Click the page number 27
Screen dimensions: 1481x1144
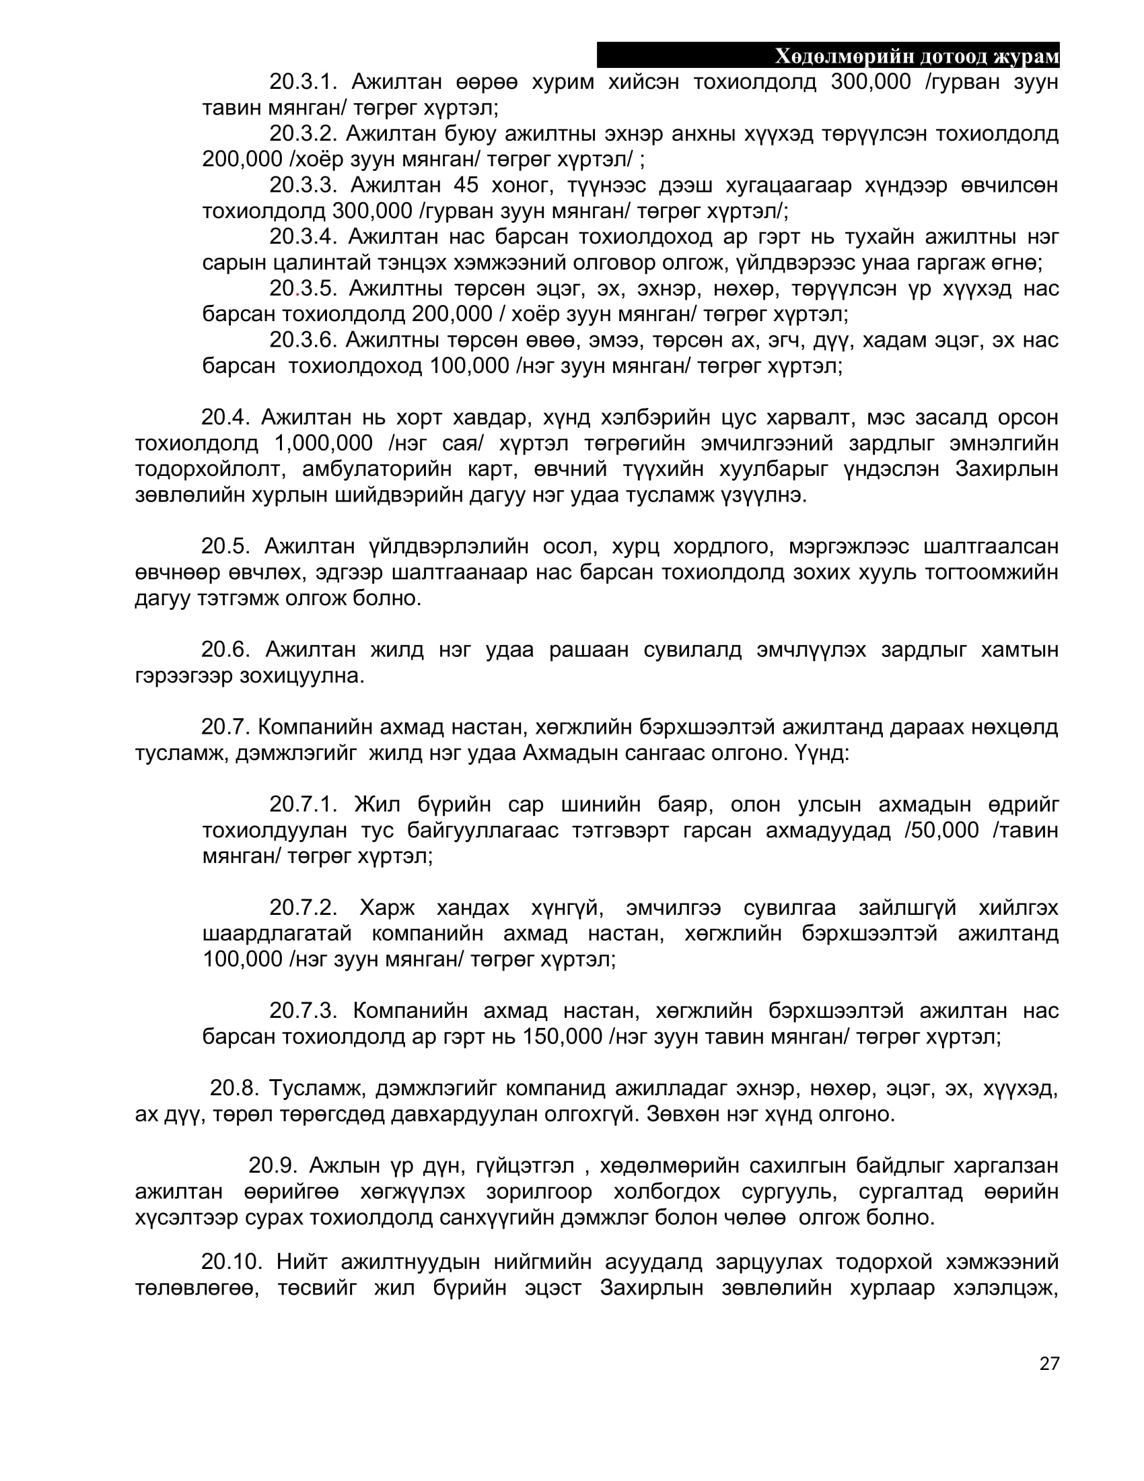(1048, 1364)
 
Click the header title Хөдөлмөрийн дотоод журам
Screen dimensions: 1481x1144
(917, 57)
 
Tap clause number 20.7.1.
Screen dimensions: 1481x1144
(303, 804)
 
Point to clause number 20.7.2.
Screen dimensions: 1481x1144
(303, 907)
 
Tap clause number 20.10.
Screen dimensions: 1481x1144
(231, 1262)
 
